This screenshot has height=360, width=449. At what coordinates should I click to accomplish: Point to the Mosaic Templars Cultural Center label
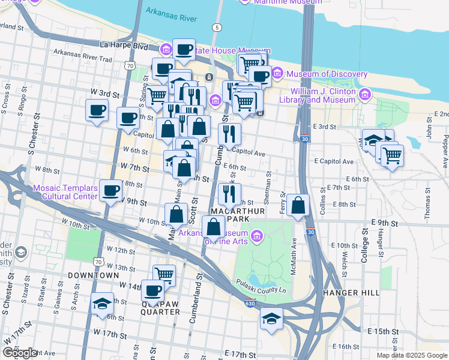coord(65,192)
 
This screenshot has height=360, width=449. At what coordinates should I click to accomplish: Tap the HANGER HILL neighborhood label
coord(351,293)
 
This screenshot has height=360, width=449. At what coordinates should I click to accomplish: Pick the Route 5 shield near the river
coord(215,28)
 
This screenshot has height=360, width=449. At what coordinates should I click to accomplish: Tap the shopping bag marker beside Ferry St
coord(298,206)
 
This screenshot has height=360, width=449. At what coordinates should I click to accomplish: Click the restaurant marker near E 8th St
coord(229,194)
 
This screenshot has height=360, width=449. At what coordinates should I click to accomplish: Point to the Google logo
coord(20,353)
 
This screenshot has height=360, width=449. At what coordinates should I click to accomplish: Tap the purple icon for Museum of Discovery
coord(277,74)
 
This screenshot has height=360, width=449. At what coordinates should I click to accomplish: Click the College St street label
coord(364,247)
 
